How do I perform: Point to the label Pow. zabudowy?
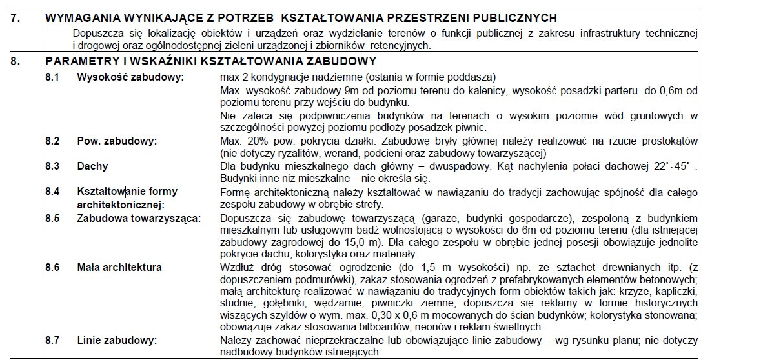[117, 141]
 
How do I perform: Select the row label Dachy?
[92, 166]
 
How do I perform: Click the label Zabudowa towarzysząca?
[138, 217]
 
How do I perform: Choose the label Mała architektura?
[119, 267]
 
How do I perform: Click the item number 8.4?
[52, 192]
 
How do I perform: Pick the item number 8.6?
[52, 267]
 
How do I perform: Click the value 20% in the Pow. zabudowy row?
[256, 141]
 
